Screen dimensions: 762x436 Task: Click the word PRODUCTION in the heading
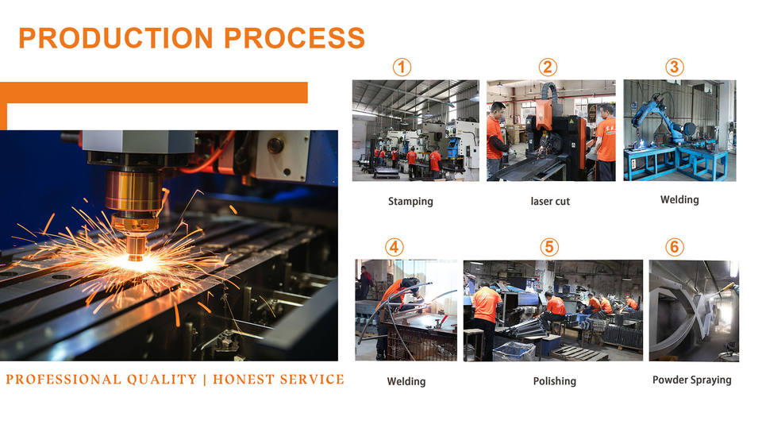tap(116, 38)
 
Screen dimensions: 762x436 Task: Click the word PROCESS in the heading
tap(294, 38)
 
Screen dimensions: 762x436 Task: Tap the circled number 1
tap(402, 67)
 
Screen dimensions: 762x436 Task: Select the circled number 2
tap(548, 67)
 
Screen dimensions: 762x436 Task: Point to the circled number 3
tap(675, 67)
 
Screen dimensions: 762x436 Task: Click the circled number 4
tap(394, 248)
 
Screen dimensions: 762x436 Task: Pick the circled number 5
tap(549, 248)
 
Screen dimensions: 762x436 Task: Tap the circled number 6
tap(675, 248)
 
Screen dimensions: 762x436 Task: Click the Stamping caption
tap(410, 201)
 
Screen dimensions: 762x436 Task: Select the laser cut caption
tap(550, 201)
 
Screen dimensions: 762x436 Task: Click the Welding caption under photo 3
tap(679, 200)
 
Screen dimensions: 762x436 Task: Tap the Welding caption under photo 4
tap(406, 381)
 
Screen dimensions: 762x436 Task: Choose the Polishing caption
tap(555, 381)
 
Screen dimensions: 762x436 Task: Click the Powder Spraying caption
tap(692, 380)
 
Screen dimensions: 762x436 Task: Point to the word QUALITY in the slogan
tap(162, 380)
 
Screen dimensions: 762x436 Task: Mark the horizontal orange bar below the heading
tap(153, 92)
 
